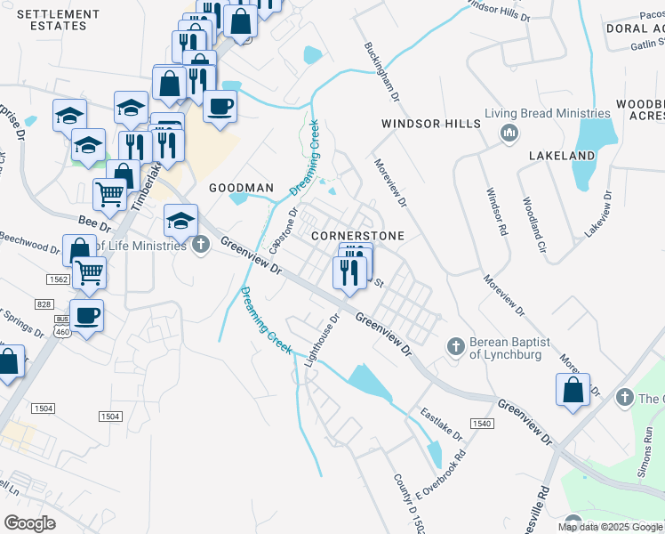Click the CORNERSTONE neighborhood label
click(x=357, y=236)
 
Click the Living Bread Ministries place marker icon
click(x=509, y=133)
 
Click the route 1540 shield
click(x=482, y=423)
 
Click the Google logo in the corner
click(x=29, y=523)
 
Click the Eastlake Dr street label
click(x=441, y=425)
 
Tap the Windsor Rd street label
click(x=496, y=212)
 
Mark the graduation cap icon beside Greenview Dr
click(x=180, y=219)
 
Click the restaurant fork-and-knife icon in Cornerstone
click(x=349, y=271)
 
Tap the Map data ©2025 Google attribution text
click(x=610, y=527)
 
